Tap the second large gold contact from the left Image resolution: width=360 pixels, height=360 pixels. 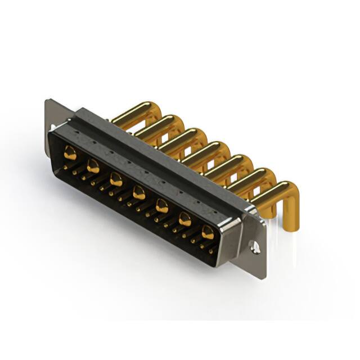coord(93,165)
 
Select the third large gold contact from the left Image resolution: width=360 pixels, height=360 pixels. coord(116,179)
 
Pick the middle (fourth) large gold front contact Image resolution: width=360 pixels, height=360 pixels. coord(139,194)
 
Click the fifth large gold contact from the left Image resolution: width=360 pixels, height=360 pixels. coord(162,206)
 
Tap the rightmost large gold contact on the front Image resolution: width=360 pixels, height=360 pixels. coord(208,232)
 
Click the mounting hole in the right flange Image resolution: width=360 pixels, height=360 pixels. coord(255,246)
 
